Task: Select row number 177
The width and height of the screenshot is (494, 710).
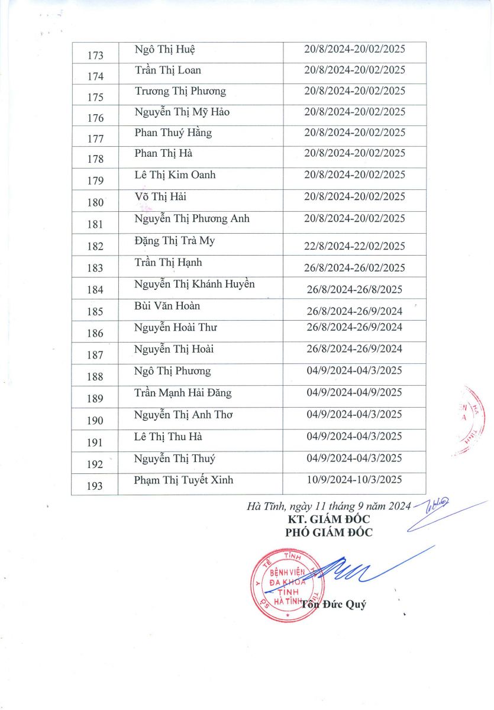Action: coord(95,139)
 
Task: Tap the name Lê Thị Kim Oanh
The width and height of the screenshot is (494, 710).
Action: coord(175,175)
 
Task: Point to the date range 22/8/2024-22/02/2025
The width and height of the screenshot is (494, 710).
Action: coord(354,246)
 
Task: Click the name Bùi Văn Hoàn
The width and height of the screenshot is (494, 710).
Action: coord(167,306)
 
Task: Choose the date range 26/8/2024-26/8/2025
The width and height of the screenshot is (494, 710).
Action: coord(354,289)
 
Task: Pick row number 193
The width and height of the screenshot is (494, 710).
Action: coord(95,486)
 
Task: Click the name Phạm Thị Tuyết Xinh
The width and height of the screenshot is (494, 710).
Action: coord(184,480)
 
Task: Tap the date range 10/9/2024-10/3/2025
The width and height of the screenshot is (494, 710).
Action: coord(354,480)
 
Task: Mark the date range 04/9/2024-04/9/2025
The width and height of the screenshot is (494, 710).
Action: coord(354,393)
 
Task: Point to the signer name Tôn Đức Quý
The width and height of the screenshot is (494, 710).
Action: coord(334,605)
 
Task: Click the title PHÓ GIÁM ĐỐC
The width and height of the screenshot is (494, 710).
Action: coord(329,532)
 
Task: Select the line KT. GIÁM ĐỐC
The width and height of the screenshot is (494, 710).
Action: coord(329,519)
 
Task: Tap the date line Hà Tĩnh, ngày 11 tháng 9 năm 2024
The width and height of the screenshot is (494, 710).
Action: coord(328,506)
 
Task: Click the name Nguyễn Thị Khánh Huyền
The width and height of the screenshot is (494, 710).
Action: coord(195,284)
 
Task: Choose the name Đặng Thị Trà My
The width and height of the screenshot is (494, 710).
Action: coord(175,241)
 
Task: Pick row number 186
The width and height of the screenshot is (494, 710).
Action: coord(95,333)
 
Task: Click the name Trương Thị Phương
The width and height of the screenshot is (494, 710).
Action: coord(180,91)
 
